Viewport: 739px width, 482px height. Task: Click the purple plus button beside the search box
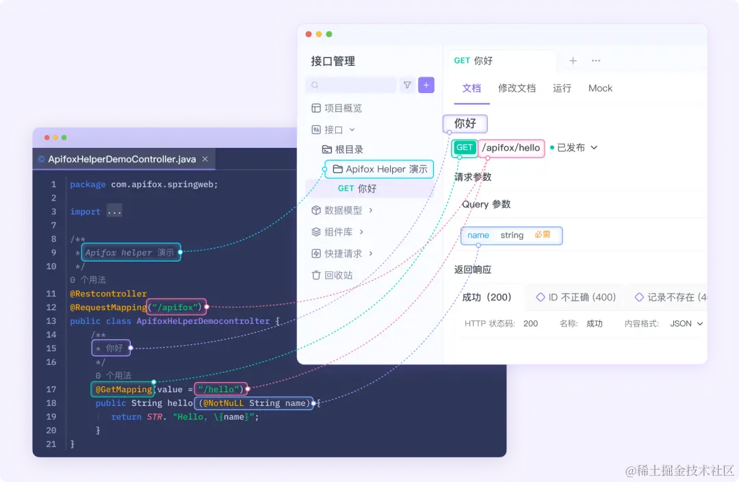[426, 85]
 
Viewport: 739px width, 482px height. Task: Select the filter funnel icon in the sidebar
[407, 85]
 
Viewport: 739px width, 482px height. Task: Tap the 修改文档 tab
[517, 88]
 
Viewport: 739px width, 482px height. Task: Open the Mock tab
[600, 88]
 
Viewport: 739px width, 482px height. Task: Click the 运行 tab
[562, 88]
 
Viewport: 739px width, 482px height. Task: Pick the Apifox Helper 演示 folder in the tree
[380, 169]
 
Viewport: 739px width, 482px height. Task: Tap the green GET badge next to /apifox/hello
[465, 148]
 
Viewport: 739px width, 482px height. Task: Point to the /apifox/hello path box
[511, 148]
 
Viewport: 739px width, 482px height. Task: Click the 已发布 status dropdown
[574, 148]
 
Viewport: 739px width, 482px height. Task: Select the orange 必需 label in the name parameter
[542, 235]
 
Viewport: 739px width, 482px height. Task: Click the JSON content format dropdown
[686, 324]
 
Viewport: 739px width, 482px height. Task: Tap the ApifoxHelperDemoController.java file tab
[122, 160]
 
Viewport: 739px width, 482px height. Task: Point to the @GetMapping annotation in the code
[123, 390]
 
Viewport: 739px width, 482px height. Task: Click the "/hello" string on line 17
[220, 390]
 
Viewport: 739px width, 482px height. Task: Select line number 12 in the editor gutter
[52, 307]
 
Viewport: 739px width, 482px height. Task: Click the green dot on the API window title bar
[329, 34]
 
